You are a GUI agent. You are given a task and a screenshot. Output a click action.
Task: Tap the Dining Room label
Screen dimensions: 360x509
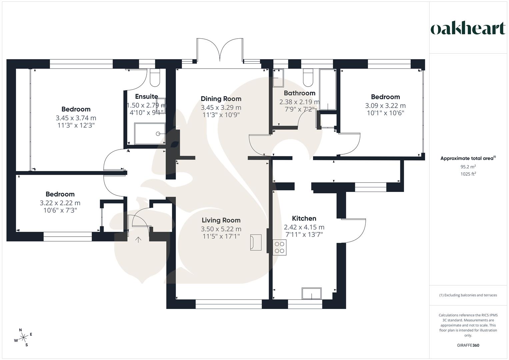point(221,99)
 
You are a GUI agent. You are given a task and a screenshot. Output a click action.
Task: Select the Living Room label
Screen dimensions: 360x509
point(221,220)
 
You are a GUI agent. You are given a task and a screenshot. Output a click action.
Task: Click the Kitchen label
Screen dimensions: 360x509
point(304,218)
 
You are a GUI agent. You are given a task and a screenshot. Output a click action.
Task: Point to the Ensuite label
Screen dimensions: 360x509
point(146,97)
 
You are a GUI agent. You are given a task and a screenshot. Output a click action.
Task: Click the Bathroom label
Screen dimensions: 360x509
point(299,93)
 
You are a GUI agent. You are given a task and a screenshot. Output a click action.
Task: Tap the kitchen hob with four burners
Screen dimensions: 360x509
point(279,247)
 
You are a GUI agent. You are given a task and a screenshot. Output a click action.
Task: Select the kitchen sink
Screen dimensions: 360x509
point(312,293)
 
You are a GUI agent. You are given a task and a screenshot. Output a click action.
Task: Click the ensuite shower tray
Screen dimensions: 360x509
point(150,133)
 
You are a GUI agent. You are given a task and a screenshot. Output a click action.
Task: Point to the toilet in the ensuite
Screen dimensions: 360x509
point(155,77)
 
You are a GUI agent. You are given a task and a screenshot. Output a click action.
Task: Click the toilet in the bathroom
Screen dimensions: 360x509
point(308,77)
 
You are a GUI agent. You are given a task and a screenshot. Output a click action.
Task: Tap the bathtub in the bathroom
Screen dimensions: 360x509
point(328,89)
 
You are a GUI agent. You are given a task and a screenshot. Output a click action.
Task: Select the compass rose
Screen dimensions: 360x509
point(23,337)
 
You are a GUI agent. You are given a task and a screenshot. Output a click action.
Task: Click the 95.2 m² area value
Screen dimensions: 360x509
point(468,167)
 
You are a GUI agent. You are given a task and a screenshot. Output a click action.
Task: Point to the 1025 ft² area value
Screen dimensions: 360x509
point(468,174)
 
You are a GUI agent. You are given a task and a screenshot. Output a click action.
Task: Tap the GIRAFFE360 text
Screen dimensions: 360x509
point(468,345)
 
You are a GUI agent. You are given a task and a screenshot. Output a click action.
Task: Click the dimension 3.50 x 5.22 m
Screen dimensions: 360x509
point(221,229)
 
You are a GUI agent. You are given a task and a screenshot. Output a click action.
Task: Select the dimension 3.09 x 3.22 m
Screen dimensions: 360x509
point(385,106)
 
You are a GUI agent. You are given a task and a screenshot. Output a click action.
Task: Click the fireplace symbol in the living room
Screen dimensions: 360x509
point(256,242)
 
